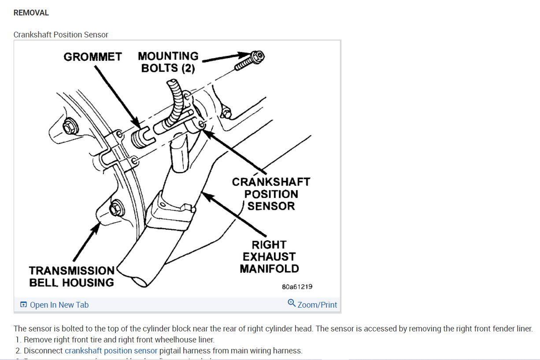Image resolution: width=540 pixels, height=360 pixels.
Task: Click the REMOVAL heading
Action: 31,13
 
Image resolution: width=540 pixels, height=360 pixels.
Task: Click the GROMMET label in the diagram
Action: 92,57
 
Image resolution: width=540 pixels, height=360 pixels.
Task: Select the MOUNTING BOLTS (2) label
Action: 168,62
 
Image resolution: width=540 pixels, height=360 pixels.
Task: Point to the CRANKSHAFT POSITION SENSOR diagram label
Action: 271,194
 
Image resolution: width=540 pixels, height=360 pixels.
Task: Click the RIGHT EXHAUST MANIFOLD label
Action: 269,257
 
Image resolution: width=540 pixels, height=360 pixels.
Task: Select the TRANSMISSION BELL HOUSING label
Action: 72,276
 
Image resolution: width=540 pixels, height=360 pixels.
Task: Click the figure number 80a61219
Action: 297,287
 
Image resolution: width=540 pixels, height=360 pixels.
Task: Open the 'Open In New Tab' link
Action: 59,305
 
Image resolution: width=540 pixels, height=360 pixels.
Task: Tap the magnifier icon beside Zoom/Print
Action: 292,303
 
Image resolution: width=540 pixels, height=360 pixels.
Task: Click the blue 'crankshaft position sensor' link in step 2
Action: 111,351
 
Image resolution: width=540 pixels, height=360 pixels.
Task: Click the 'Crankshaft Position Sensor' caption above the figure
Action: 61,34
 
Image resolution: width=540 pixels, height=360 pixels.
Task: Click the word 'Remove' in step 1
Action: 37,340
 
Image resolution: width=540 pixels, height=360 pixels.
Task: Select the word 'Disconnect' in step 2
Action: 43,351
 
